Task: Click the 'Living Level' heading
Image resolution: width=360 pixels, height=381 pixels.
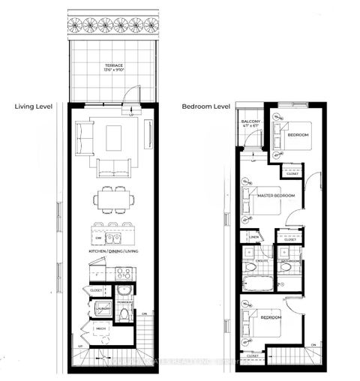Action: click(x=32, y=106)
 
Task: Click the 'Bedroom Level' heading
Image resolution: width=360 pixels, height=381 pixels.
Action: click(x=205, y=106)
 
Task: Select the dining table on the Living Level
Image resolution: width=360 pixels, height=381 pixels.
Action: click(x=114, y=199)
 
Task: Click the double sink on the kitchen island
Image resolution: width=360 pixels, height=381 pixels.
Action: click(x=115, y=238)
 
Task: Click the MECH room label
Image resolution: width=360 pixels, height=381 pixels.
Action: click(x=98, y=328)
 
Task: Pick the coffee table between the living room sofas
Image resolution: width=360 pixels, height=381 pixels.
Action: click(x=114, y=136)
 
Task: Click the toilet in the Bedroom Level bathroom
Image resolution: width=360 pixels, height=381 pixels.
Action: click(x=286, y=268)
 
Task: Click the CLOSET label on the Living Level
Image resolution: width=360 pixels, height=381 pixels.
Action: click(x=95, y=289)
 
